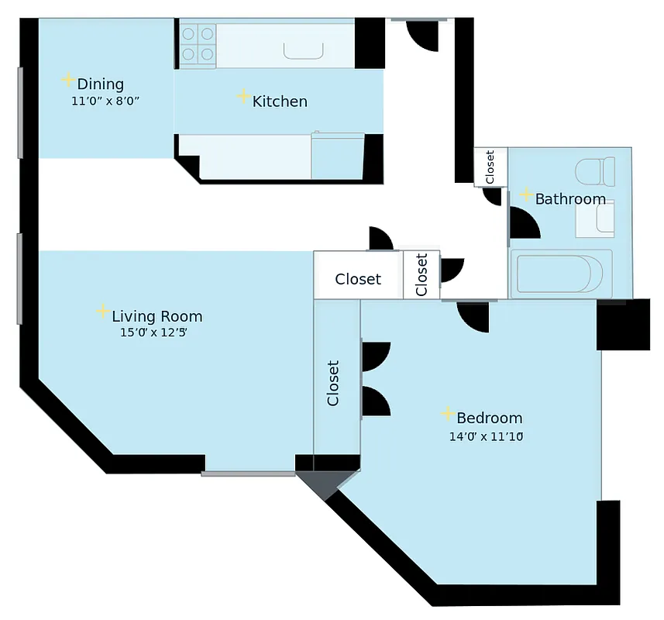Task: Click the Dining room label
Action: [x=101, y=84]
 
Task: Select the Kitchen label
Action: [x=280, y=102]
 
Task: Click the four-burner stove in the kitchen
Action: [x=198, y=44]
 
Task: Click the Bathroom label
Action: [x=570, y=199]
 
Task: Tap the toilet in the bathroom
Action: [x=595, y=170]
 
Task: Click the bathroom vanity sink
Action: [x=595, y=219]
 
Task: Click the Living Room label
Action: [x=157, y=316]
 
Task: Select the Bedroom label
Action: [x=489, y=418]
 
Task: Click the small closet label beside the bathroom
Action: [x=490, y=167]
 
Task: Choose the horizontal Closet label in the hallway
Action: [x=358, y=279]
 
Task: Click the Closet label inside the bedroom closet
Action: [x=333, y=382]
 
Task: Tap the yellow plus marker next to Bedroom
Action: [x=447, y=414]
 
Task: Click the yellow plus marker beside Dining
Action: [x=68, y=80]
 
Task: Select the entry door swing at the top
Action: [x=422, y=35]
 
